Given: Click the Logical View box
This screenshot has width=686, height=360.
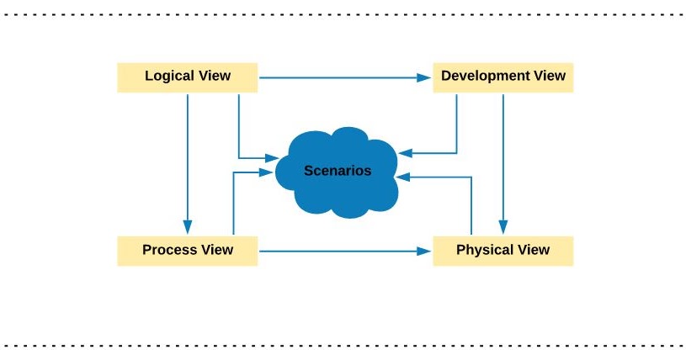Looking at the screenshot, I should click(x=187, y=77).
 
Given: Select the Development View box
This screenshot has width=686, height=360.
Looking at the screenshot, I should click(x=503, y=77).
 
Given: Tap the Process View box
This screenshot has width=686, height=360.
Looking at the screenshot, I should click(x=187, y=251).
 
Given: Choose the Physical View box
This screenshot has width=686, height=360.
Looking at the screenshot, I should click(x=503, y=251).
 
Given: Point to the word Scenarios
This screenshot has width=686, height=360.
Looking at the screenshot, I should click(x=338, y=171).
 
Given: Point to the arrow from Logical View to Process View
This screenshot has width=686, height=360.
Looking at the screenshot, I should click(x=188, y=160).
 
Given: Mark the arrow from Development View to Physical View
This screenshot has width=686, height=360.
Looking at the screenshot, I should click(x=503, y=160).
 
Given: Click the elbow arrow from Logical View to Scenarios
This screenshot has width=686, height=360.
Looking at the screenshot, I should click(x=240, y=135).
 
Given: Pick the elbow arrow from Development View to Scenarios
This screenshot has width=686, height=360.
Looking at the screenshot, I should click(x=456, y=135).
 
